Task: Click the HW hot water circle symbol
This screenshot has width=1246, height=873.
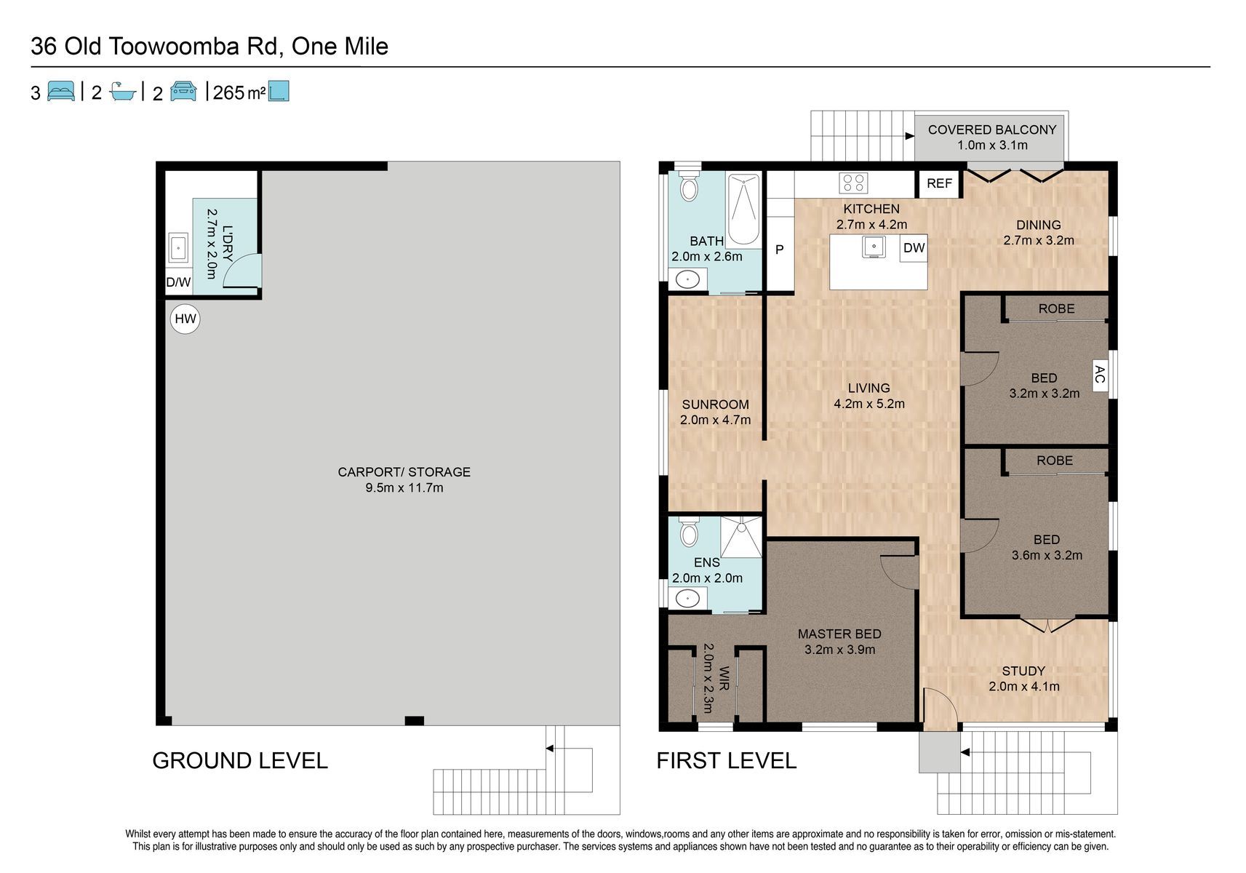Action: (x=185, y=319)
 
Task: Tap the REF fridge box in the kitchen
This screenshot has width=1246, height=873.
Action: (x=940, y=183)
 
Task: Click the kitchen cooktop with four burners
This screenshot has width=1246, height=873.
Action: (x=853, y=183)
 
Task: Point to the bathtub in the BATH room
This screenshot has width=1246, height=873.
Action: (x=743, y=210)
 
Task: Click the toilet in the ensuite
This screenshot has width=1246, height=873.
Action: (x=690, y=532)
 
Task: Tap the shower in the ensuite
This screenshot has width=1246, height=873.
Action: (x=741, y=537)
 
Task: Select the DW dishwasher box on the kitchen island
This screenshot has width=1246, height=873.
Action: (x=914, y=248)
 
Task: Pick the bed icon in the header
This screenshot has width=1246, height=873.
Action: (x=60, y=91)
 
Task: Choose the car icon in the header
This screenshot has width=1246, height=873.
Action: (x=183, y=91)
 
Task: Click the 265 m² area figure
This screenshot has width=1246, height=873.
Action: (x=239, y=92)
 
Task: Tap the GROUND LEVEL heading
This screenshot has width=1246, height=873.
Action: (x=240, y=761)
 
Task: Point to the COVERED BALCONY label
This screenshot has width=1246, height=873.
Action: (x=992, y=129)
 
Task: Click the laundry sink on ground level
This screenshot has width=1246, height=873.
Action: (x=178, y=247)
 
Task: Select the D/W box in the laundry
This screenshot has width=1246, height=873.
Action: (x=178, y=282)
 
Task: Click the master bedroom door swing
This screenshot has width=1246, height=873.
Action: (x=899, y=571)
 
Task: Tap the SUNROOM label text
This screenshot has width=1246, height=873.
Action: (x=715, y=404)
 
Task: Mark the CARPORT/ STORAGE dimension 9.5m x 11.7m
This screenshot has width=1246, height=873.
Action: (x=404, y=488)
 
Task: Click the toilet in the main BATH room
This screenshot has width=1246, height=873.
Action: (x=690, y=185)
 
